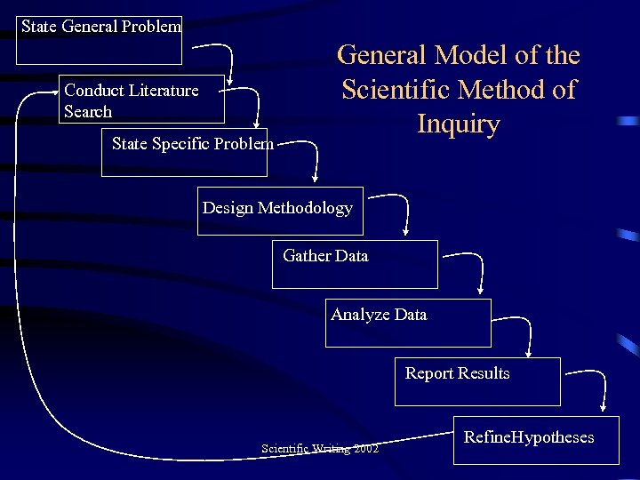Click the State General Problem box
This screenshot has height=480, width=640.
coord(99,40)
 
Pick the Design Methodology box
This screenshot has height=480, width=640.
coord(280,211)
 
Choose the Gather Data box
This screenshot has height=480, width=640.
coord(355,264)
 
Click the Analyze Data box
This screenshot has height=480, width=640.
coord(410,323)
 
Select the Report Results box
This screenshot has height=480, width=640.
coord(477,381)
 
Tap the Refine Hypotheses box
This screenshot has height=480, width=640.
coord(535,439)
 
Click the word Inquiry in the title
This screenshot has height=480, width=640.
coord(459,124)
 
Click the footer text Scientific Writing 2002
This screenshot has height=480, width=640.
coord(320,449)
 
